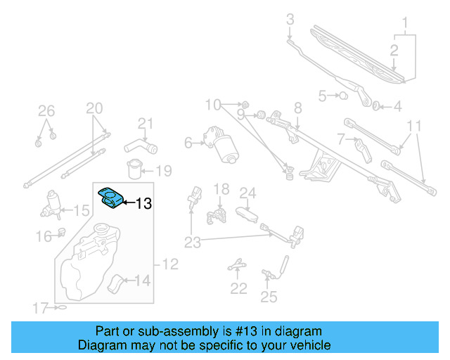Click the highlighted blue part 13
point(110,198)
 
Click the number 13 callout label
point(143,204)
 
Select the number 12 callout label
point(170,265)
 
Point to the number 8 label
point(297,108)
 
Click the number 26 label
point(46,110)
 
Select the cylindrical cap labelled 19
point(133,171)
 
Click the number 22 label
point(239,288)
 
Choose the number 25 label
point(269,297)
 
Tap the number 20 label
point(94,108)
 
